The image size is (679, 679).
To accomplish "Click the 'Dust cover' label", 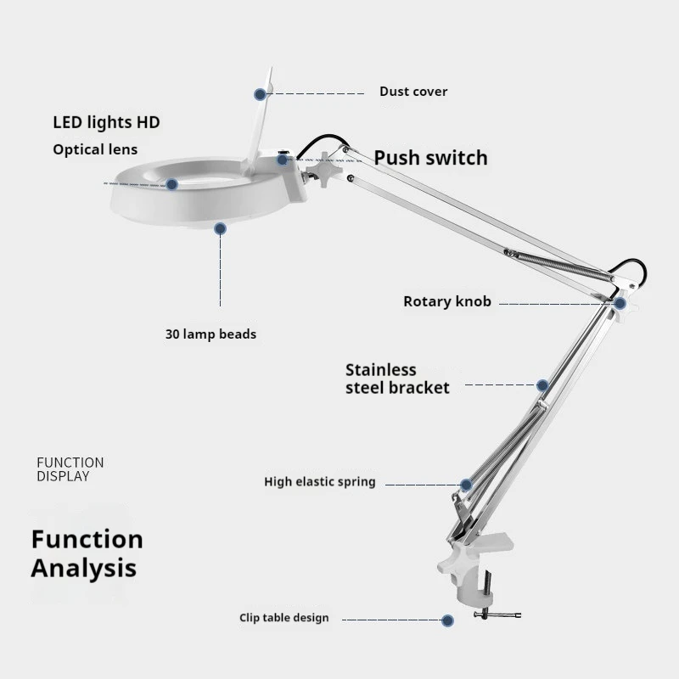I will click(413, 92).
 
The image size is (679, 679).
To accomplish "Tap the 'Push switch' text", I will click(430, 158).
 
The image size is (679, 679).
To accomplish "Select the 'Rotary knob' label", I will click(446, 301).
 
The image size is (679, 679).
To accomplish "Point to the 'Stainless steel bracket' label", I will click(397, 379).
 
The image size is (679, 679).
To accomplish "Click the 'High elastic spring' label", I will click(319, 482).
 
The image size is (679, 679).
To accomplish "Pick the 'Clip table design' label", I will click(283, 618).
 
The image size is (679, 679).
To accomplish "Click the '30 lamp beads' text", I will click(210, 334).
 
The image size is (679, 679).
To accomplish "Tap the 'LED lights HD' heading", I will click(106, 123).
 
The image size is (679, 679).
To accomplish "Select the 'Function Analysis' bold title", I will click(87, 553).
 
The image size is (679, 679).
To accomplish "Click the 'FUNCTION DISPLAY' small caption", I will click(70, 469).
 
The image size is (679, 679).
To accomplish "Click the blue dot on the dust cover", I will click(259, 93).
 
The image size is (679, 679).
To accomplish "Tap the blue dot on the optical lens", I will click(171, 183).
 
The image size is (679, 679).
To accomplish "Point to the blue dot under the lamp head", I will click(220, 227).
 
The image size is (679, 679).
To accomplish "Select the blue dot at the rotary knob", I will click(620, 303).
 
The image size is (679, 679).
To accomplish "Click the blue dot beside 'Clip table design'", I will click(448, 620).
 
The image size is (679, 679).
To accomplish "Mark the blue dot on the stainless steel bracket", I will click(541, 384).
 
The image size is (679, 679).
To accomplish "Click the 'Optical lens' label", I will click(95, 150).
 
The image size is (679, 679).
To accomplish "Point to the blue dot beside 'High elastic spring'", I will click(466, 485).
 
